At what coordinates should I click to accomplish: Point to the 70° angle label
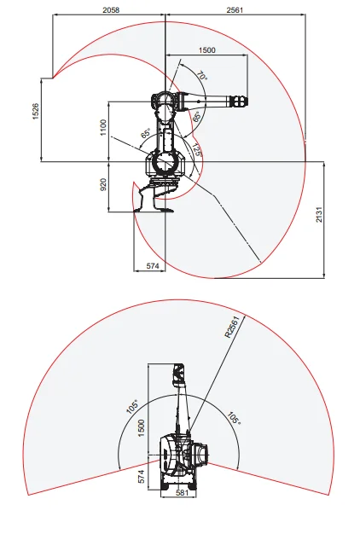[x=201, y=77]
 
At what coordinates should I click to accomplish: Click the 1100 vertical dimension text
[x=103, y=128]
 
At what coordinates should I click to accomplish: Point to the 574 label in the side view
[x=153, y=267]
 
